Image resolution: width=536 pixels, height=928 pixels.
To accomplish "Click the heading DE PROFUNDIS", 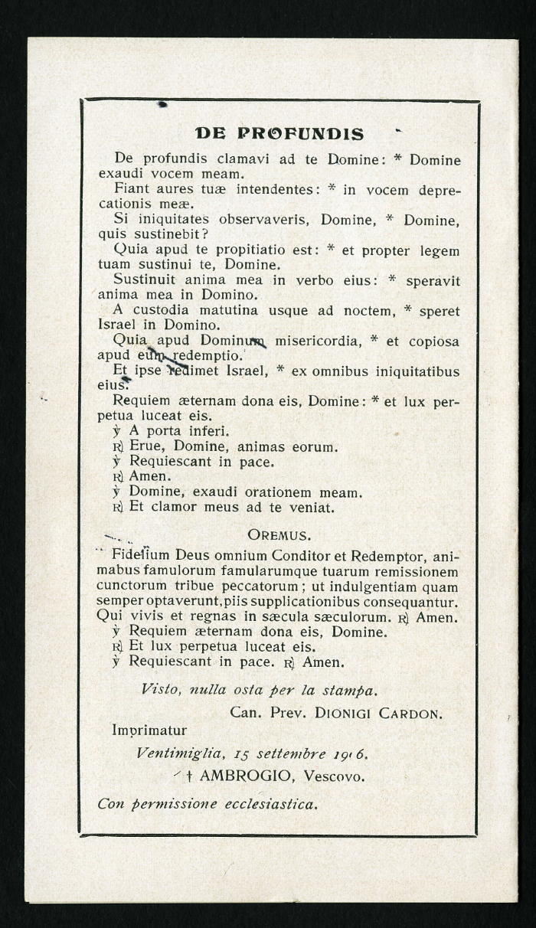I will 279,134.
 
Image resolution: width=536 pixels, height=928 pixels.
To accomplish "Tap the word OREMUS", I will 279,534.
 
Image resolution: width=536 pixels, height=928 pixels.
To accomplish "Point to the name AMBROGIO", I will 246,776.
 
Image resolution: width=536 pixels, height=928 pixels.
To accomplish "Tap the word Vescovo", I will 334,776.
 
